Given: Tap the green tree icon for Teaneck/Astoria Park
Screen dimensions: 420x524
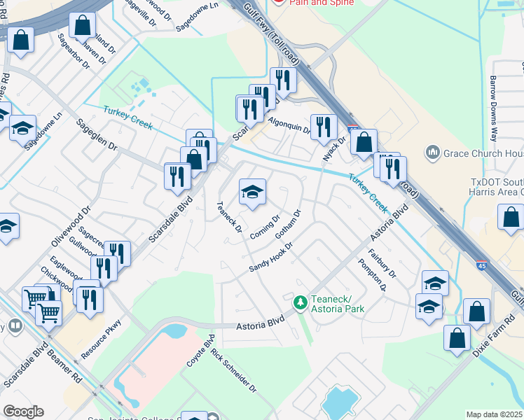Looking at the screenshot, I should pyautogui.click(x=301, y=302).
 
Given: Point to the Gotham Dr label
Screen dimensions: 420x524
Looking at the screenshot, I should pyautogui.click(x=288, y=224).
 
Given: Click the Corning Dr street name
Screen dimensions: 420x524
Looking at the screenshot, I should pyautogui.click(x=266, y=226).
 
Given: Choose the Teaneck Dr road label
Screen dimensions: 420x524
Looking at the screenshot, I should pyautogui.click(x=229, y=217).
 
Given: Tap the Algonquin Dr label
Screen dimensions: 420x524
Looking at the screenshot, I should pyautogui.click(x=289, y=127).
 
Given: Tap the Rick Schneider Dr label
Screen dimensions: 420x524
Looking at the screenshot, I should pyautogui.click(x=233, y=372).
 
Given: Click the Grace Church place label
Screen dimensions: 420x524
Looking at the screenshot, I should pyautogui.click(x=480, y=153).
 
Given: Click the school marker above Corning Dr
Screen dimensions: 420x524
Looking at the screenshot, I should pyautogui.click(x=253, y=192).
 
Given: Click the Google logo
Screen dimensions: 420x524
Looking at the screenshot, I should pyautogui.click(x=24, y=412).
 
